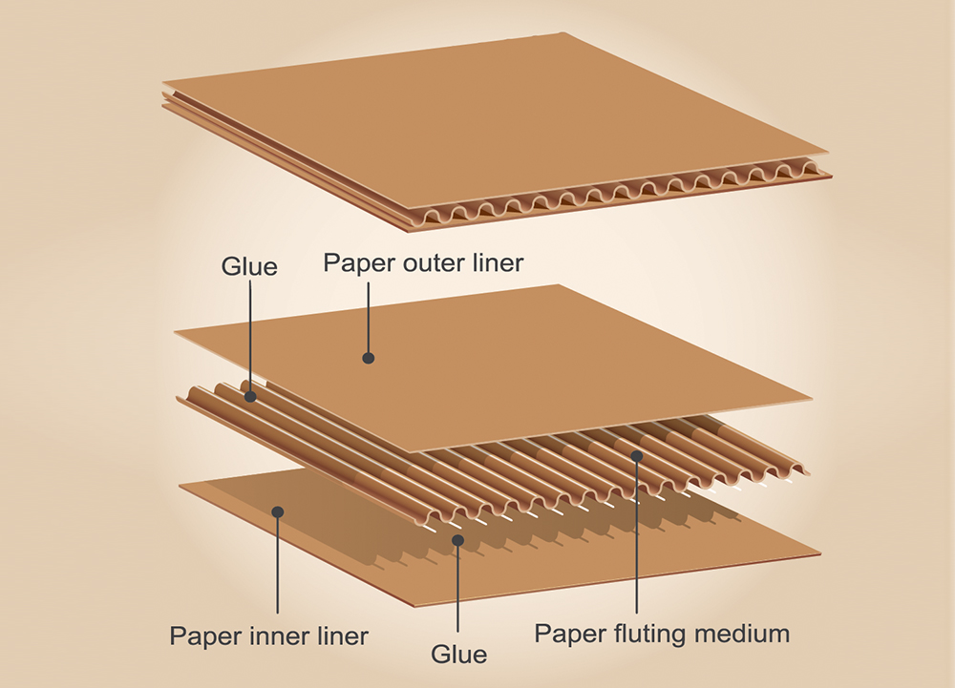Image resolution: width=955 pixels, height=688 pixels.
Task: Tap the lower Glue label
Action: coord(459,654)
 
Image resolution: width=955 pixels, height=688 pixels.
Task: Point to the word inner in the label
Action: coord(276,636)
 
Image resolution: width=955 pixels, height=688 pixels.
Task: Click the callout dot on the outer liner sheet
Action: coord(368,358)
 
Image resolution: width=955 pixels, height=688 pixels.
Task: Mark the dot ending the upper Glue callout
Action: coord(250,395)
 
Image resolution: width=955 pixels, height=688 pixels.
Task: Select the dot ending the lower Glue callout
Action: coord(458,540)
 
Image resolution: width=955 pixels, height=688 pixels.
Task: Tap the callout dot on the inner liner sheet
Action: coord(278,511)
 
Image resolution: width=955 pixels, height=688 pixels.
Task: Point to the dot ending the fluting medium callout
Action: coord(635,458)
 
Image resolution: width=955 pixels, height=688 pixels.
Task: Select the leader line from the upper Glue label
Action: coord(250,334)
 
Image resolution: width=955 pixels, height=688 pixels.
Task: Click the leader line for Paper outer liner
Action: coord(368,315)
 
